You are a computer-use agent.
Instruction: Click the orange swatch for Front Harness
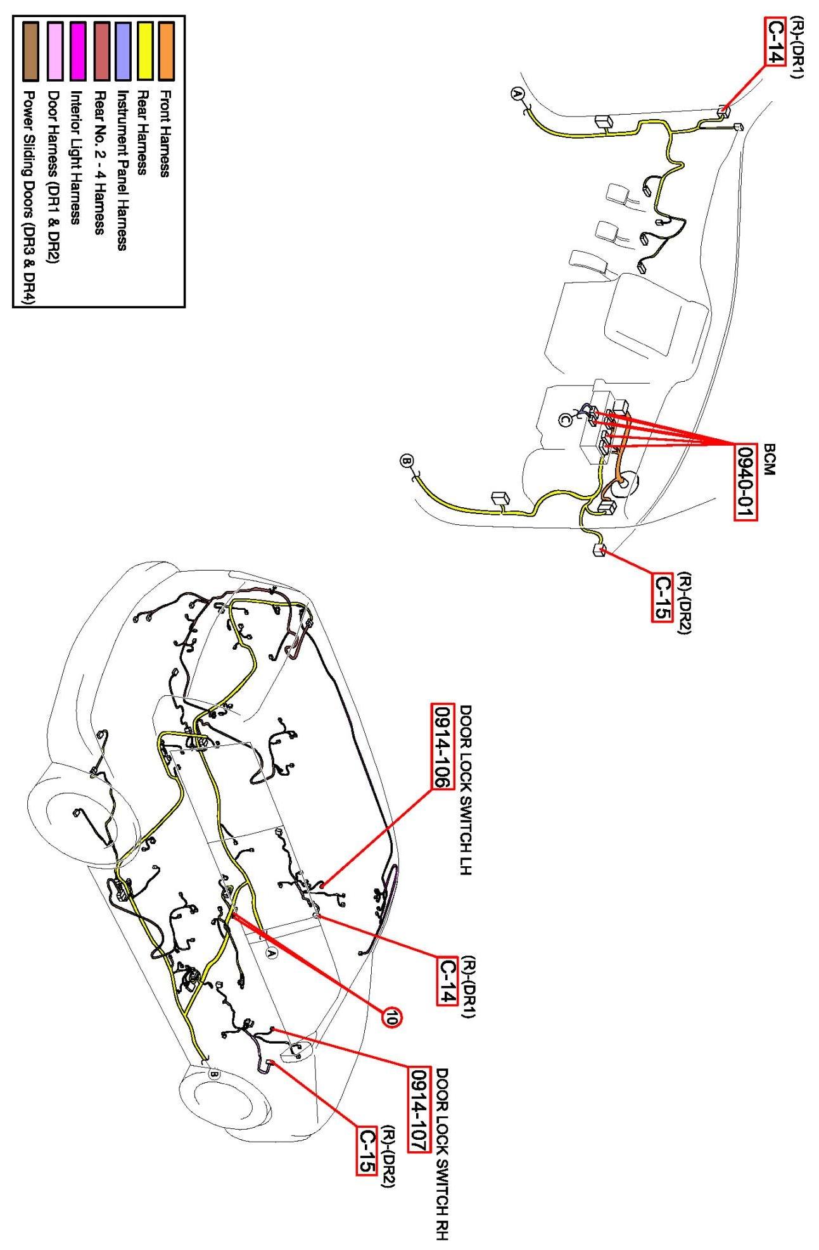tap(167, 51)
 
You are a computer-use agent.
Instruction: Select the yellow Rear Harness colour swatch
tap(145, 51)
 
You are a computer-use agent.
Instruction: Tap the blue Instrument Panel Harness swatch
tap(124, 51)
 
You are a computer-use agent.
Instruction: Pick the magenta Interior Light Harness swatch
tap(78, 51)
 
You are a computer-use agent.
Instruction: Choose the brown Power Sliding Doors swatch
tap(30, 51)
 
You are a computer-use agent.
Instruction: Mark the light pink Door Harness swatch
tap(55, 51)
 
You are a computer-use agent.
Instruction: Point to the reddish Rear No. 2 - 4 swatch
tap(101, 51)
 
